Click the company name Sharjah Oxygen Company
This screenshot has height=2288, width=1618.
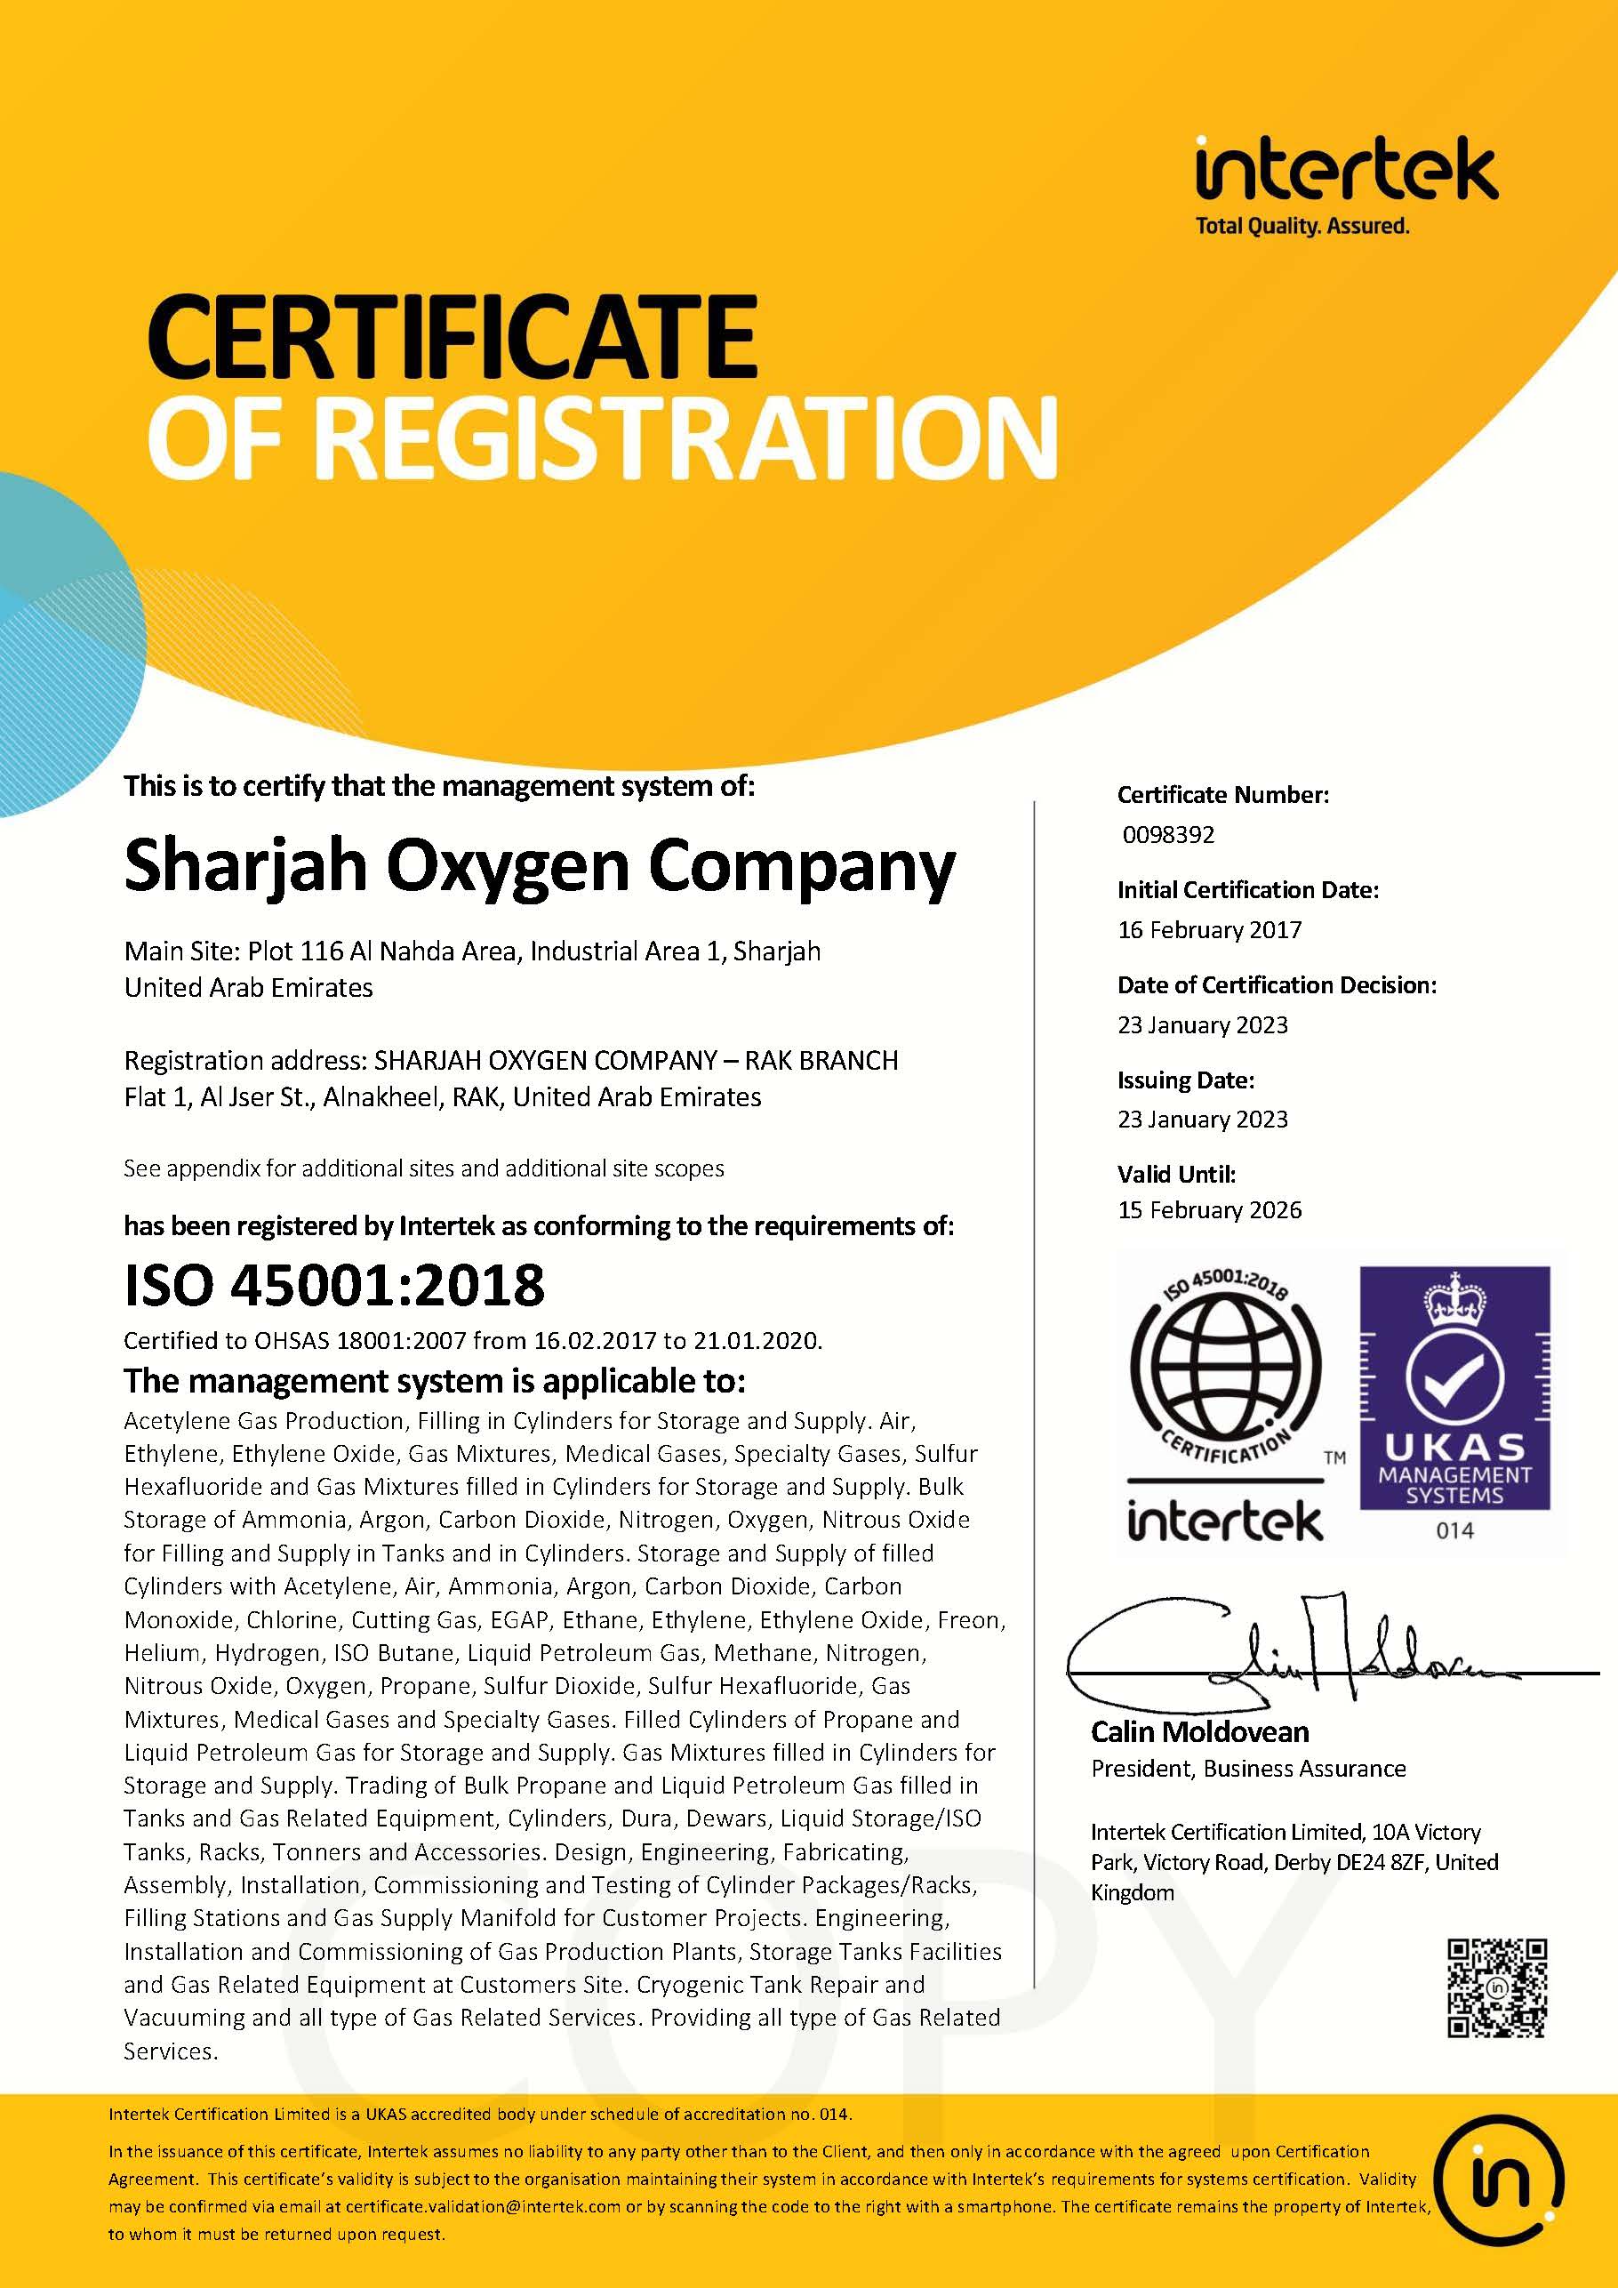click(539, 865)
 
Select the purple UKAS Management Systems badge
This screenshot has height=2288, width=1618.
click(1454, 1386)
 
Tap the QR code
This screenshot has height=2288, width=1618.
click(1496, 1988)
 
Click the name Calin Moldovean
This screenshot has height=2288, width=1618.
click(1199, 1732)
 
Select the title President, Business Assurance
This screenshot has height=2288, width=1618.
click(1247, 1769)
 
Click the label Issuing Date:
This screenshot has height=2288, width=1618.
click(1186, 1080)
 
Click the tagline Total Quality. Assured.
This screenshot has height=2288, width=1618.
click(1302, 226)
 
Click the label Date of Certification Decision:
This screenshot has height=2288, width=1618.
click(1277, 984)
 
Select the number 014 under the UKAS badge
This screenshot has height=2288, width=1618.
click(1454, 1529)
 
